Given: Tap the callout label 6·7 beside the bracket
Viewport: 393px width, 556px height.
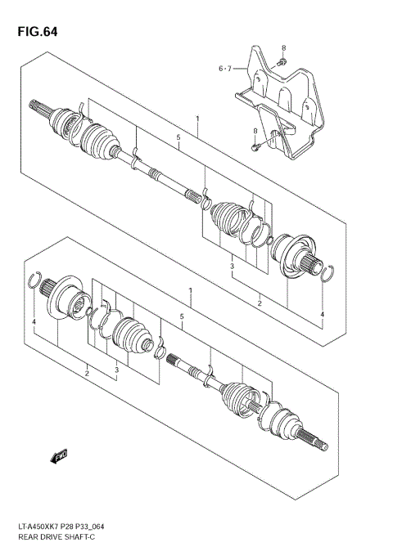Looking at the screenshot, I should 225,69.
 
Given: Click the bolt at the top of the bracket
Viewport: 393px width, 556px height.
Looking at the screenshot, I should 281,62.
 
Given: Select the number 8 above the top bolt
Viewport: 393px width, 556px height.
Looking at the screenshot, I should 284,48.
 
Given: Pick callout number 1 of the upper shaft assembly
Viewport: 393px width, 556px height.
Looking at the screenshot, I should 197,119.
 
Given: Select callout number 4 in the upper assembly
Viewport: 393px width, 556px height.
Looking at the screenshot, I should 323,314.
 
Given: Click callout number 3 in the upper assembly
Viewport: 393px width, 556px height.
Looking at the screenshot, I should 232,267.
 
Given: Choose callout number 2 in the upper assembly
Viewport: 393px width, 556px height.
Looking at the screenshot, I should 260,303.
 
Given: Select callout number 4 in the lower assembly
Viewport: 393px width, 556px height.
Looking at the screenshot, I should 34,325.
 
